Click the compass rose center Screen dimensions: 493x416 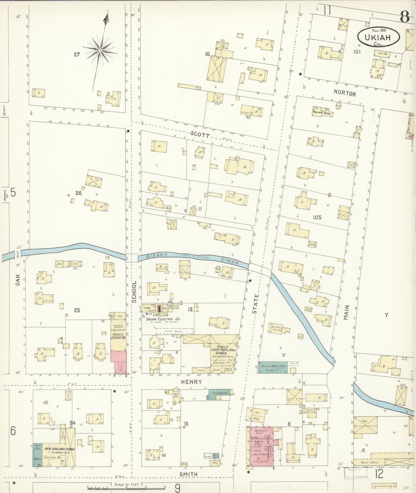pyautogui.click(x=100, y=50)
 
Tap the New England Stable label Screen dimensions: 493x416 pyautogui.click(x=60, y=449)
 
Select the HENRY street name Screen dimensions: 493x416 pyautogui.click(x=191, y=382)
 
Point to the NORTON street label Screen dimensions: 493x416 pyautogui.click(x=345, y=94)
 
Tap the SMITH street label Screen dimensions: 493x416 pyautogui.click(x=189, y=474)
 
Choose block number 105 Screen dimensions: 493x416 pyautogui.click(x=317, y=217)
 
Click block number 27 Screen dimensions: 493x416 pyautogui.click(x=77, y=54)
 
